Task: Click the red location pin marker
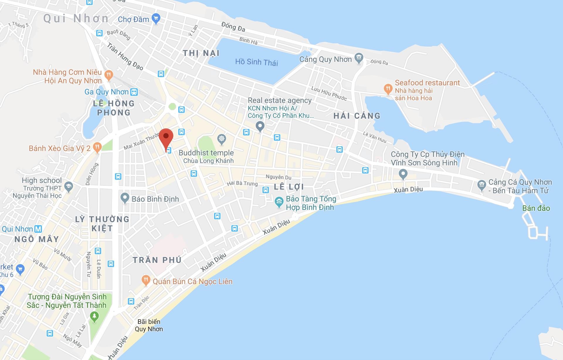(x=166, y=139)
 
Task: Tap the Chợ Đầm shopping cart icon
(x=156, y=19)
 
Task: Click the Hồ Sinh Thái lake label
(x=256, y=62)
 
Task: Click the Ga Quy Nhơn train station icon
(x=134, y=92)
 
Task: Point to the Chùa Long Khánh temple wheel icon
(x=222, y=139)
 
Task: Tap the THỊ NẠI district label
(x=201, y=53)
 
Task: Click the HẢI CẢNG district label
(x=357, y=116)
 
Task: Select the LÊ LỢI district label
(x=289, y=187)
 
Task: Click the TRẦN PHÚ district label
(x=157, y=260)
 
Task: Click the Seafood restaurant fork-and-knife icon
(x=388, y=89)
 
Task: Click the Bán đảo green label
(x=536, y=208)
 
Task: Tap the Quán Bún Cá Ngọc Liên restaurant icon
(x=146, y=280)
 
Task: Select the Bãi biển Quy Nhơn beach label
(x=149, y=325)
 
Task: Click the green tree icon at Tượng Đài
(x=94, y=317)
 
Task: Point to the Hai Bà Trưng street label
(x=242, y=184)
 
